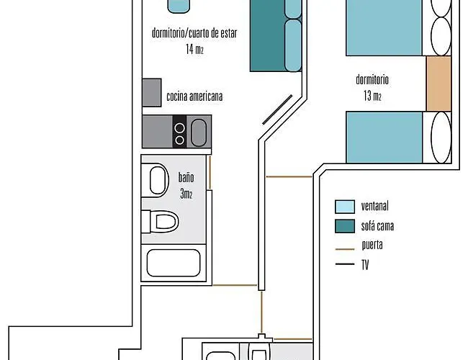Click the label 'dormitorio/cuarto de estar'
(x=194, y=34)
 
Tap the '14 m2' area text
(x=194, y=49)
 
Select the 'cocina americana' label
(x=194, y=96)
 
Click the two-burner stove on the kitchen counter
(x=180, y=131)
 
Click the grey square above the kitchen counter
(x=151, y=92)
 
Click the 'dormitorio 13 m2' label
(x=372, y=87)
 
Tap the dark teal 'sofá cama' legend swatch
(x=345, y=227)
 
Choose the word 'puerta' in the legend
(x=372, y=246)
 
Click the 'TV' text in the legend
(x=365, y=264)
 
